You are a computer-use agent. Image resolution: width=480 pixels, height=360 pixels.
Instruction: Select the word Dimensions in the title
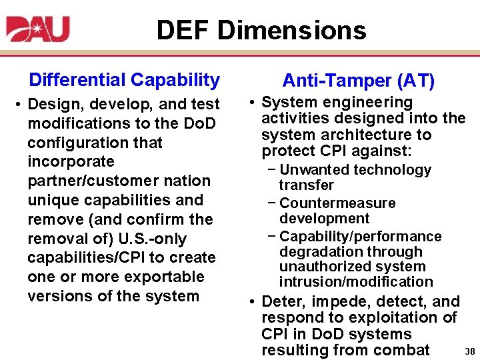(x=292, y=30)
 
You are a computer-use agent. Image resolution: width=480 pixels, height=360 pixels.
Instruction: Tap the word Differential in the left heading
(x=77, y=80)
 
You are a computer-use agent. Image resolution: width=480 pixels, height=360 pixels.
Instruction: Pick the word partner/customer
(x=100, y=181)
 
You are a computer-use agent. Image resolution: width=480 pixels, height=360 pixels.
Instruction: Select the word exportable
(x=165, y=277)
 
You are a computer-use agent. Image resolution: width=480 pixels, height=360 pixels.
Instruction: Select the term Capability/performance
(x=361, y=236)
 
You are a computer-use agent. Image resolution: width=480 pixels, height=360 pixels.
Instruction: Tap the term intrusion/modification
(x=356, y=282)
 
